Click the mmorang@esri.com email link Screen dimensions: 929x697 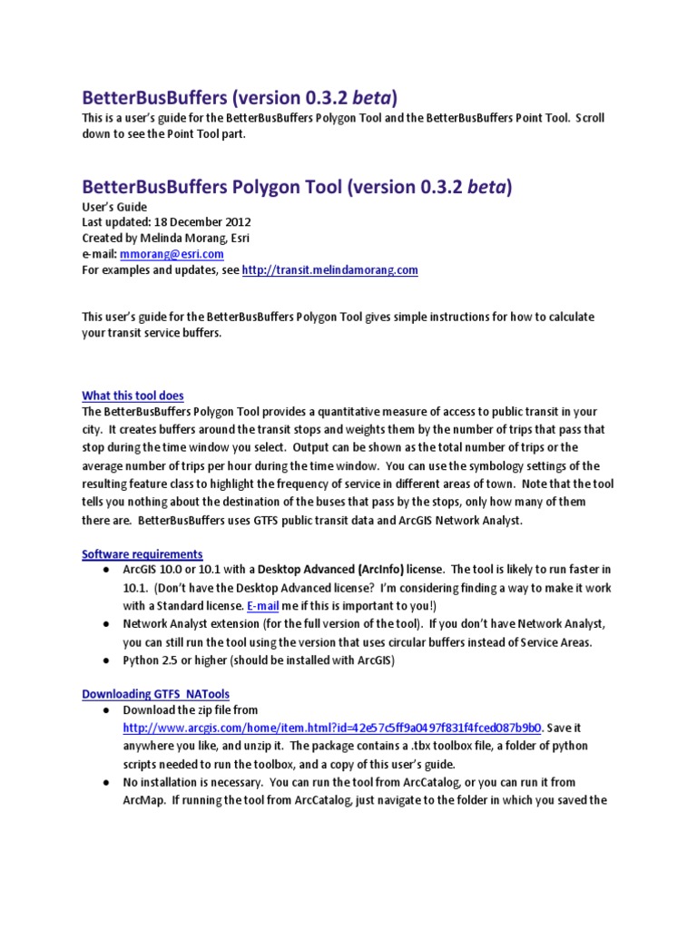pyautogui.click(x=172, y=254)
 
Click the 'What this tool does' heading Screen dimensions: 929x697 pyautogui.click(x=133, y=396)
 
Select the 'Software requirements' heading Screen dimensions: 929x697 pyautogui.click(x=142, y=553)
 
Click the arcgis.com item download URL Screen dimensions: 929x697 pyautogui.click(x=332, y=728)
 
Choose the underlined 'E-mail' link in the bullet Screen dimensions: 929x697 pyautogui.click(x=265, y=605)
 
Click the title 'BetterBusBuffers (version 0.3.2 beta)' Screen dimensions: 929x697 pyautogui.click(x=241, y=96)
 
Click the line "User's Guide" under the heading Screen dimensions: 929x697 pyautogui.click(x=114, y=207)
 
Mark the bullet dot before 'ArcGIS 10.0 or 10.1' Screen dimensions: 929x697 pyautogui.click(x=105, y=570)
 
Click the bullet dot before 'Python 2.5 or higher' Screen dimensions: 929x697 pyautogui.click(x=105, y=660)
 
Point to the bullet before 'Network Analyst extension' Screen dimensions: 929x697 pyautogui.click(x=105, y=625)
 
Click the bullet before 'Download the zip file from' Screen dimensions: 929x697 pyautogui.click(x=105, y=710)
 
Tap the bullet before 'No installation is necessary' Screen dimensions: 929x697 pyautogui.click(x=105, y=782)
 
